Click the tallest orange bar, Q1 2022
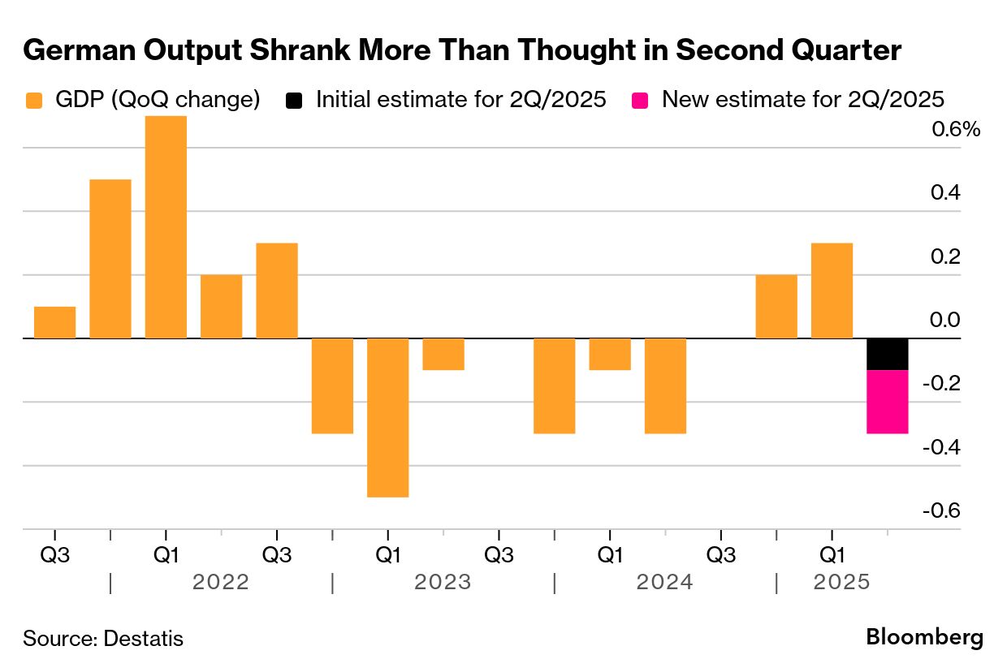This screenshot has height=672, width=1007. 166,227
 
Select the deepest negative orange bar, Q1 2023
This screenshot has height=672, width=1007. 387,417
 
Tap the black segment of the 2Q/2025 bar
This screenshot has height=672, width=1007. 888,354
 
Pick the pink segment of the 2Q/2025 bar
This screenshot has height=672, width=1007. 888,402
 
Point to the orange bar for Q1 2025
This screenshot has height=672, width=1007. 832,291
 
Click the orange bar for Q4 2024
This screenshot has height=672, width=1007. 776,307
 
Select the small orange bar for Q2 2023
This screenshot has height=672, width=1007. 443,354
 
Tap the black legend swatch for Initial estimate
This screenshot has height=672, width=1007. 294,101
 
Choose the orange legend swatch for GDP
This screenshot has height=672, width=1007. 33,101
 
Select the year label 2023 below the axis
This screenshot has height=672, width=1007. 443,582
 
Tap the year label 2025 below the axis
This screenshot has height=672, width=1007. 842,582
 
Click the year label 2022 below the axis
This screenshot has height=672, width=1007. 221,582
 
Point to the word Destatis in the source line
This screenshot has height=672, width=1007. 144,639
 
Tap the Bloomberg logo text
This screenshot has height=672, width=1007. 924,637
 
